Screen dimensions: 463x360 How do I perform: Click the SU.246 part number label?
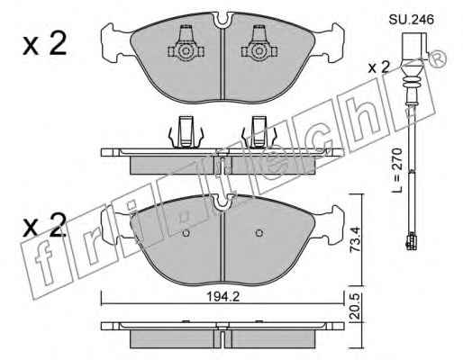[412, 20]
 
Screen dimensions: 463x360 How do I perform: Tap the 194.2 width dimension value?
[223, 297]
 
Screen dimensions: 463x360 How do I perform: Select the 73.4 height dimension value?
[355, 239]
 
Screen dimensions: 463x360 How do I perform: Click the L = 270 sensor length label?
[396, 170]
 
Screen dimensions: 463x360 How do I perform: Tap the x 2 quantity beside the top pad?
[44, 45]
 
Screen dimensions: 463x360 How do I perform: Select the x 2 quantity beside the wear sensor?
[379, 67]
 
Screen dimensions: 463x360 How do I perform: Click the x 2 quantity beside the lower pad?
[44, 225]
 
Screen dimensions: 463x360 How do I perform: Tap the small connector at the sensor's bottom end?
[411, 241]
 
